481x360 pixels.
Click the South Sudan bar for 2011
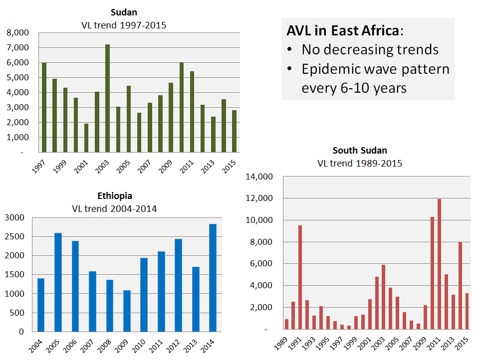(439, 264)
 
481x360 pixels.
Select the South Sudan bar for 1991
(300, 277)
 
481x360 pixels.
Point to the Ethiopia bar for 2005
(58, 282)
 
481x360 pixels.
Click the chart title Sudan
(123, 12)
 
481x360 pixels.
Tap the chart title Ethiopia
(115, 196)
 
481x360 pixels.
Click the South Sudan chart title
(360, 151)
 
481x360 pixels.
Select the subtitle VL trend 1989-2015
(360, 163)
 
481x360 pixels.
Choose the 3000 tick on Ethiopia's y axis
(15, 217)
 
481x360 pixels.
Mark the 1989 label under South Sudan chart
(283, 346)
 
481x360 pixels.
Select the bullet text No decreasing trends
(370, 50)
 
